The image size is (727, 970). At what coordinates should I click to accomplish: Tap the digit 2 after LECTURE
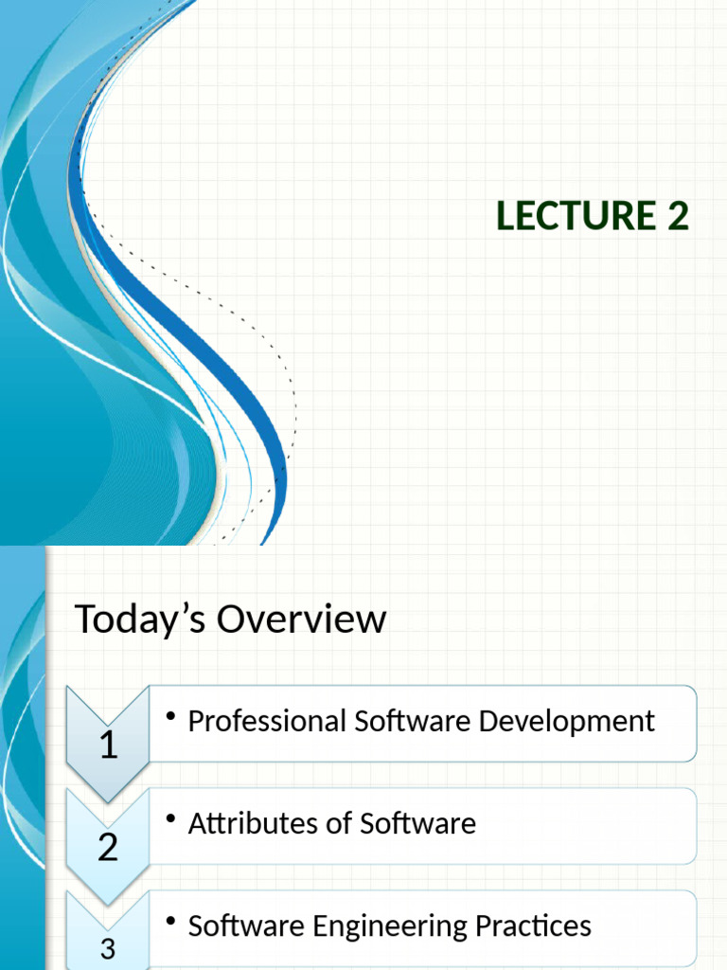[677, 217]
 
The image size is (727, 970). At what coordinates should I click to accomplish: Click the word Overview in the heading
[302, 620]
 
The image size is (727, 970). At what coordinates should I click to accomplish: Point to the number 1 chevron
[108, 745]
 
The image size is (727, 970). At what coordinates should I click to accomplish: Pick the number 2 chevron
[108, 847]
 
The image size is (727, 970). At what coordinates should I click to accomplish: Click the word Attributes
[243, 824]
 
